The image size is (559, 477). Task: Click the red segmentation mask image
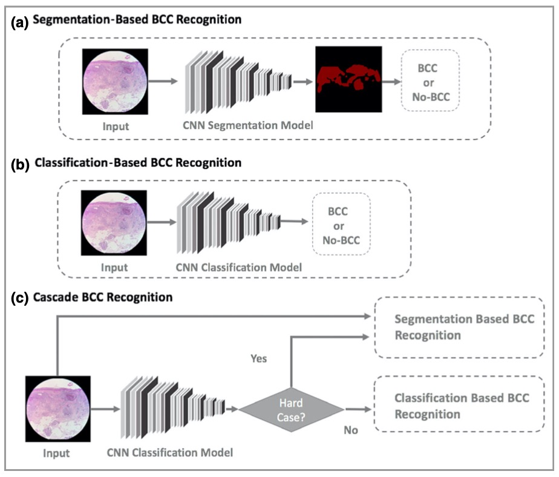point(348,79)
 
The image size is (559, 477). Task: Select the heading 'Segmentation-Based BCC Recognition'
point(137,20)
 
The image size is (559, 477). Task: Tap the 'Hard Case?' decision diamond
point(291,409)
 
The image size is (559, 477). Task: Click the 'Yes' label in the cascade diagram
point(258,358)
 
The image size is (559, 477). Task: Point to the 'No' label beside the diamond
point(351,430)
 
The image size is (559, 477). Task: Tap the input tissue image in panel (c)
point(58,407)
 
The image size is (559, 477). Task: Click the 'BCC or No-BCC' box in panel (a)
point(430,80)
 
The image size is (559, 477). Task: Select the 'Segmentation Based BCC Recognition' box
point(459,327)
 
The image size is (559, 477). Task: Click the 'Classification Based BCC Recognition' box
point(459,406)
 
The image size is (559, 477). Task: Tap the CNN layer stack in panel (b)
point(228,220)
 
